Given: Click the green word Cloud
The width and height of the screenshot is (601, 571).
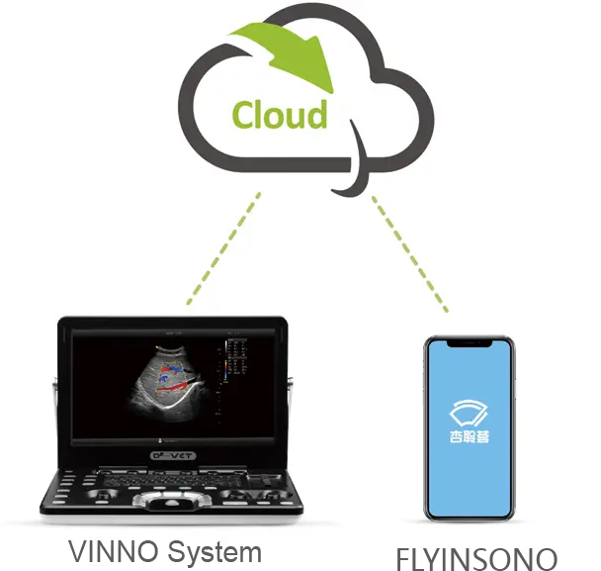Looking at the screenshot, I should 280,114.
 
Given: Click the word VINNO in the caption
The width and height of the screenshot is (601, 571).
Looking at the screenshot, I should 105,550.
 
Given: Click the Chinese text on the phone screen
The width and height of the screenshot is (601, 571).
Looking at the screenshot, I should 470,437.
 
